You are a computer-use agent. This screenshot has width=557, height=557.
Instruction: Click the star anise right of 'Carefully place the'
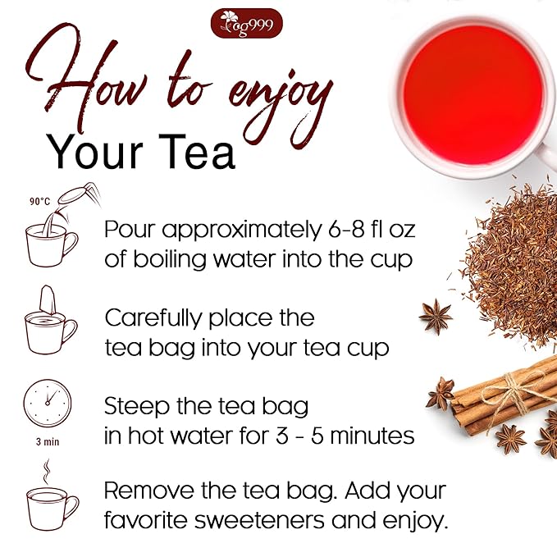tap(435, 316)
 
